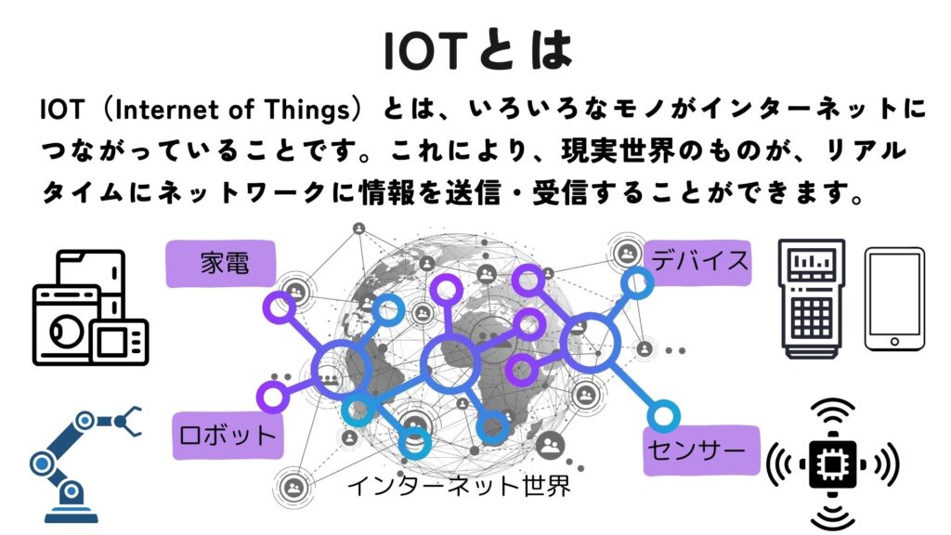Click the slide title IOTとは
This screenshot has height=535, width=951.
pos(478,50)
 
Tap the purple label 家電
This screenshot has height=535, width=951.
pos(221,264)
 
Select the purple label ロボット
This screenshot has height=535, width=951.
pos(228,436)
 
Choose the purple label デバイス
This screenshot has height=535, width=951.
pos(697,263)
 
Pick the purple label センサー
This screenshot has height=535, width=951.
pos(701,450)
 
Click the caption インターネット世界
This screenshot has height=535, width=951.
pos(459,486)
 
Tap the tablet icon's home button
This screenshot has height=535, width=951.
pos(894,342)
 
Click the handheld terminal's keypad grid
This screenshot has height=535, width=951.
pos(812,319)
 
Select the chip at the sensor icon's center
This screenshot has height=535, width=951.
pos(833,464)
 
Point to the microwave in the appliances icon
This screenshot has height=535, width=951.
pos(120,342)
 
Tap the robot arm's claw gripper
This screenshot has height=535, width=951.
pos(128,421)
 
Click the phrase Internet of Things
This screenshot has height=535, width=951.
pos(233,110)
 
